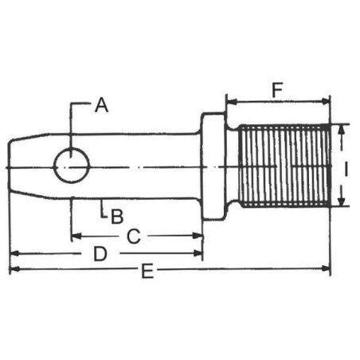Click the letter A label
[x=102, y=105]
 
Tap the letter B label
[x=117, y=217]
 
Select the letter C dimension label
[x=134, y=237]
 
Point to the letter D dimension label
[x=100, y=254]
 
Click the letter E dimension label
[x=147, y=271]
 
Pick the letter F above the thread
[x=277, y=90]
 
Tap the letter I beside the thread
[x=346, y=169]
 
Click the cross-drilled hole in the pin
[x=72, y=166]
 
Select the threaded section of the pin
[x=284, y=165]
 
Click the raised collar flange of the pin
[x=213, y=166]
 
